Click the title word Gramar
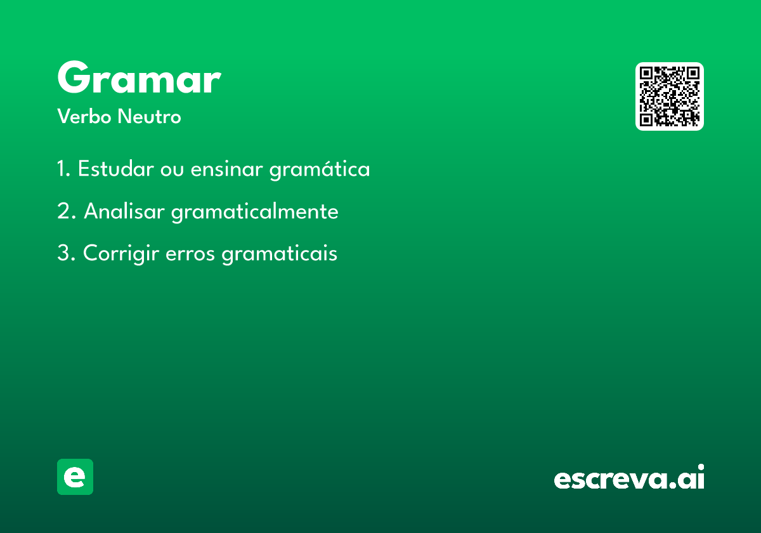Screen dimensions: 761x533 click(x=140, y=77)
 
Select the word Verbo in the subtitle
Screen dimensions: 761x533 click(x=84, y=117)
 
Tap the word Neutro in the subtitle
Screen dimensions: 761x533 click(x=149, y=117)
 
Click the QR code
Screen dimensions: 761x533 click(x=669, y=96)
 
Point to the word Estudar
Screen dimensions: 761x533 click(x=116, y=168)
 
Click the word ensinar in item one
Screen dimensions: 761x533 click(x=226, y=169)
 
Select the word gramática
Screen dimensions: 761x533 click(x=320, y=169)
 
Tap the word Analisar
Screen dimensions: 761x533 click(x=124, y=211)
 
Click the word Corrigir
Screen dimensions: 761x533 click(x=121, y=254)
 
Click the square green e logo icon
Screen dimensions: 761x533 click(x=75, y=477)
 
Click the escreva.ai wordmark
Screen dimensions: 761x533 click(x=629, y=477)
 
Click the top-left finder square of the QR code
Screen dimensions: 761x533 click(x=646, y=73)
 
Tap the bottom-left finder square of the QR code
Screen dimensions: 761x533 click(x=646, y=119)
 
